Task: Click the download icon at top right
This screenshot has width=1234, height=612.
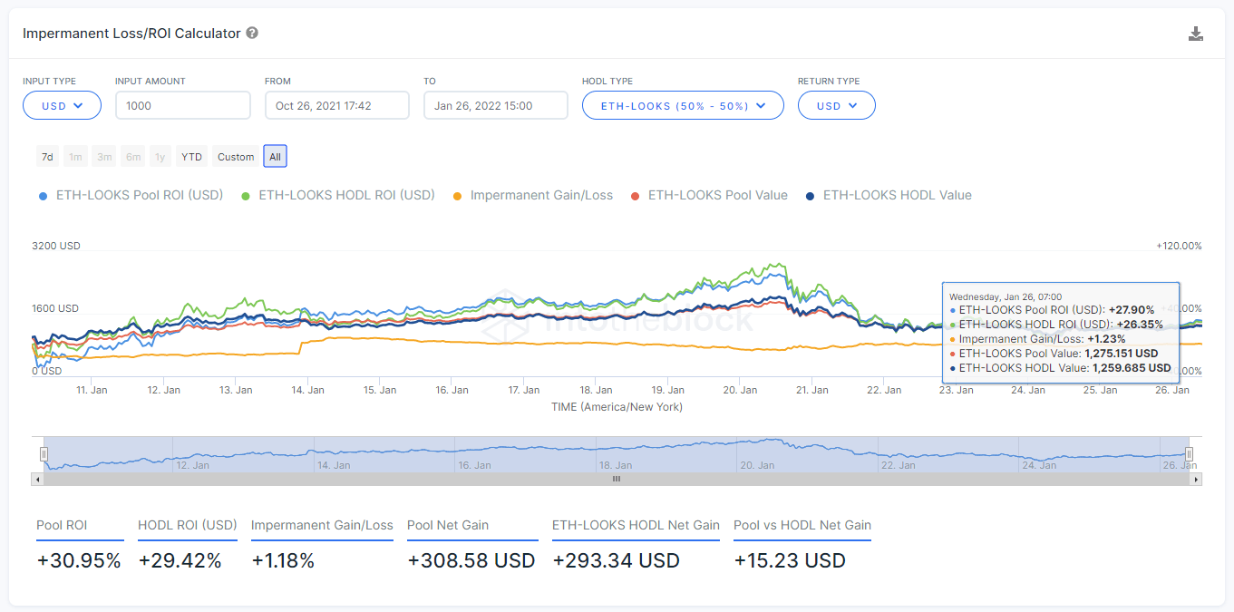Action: (1196, 34)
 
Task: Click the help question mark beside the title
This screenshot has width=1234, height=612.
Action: (252, 34)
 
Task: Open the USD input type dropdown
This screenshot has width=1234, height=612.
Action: (62, 105)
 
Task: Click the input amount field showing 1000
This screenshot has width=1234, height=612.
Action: (182, 105)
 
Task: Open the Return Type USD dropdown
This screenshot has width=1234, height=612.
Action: (836, 105)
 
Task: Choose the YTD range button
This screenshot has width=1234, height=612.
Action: (191, 157)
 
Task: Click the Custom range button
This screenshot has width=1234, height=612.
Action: (236, 157)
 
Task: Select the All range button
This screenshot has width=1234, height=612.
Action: (275, 157)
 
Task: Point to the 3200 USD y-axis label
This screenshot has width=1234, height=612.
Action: (56, 246)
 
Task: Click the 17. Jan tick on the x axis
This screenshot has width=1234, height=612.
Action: (523, 390)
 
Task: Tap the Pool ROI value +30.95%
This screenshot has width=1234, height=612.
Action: (79, 561)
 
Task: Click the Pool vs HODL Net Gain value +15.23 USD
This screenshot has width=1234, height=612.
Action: (790, 561)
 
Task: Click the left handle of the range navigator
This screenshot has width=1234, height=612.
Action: (43, 453)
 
